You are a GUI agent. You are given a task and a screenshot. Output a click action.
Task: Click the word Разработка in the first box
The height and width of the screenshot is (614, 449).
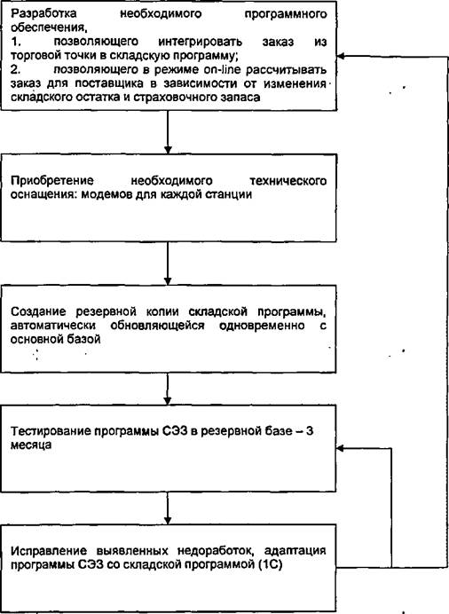[x=43, y=14]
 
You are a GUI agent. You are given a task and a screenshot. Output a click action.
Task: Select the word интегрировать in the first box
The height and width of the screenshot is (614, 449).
[x=201, y=42]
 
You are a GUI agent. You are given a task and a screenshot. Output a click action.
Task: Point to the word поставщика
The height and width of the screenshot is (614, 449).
[x=109, y=83]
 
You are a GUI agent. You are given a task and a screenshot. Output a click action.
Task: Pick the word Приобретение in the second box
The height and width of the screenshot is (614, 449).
[x=52, y=181]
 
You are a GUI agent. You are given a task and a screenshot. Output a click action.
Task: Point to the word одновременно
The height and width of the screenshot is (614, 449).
[x=262, y=326]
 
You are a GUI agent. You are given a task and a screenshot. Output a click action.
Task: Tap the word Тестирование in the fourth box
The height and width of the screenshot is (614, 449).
[x=51, y=431]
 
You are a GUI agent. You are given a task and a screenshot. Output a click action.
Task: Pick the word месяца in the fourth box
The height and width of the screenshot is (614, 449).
[x=31, y=445]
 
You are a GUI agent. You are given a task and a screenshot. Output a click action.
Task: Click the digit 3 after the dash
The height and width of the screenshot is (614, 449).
[x=310, y=431]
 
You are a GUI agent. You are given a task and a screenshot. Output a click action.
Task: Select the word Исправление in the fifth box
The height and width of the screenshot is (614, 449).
[x=50, y=551]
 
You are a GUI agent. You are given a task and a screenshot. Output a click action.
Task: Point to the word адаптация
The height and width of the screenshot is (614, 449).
[x=295, y=551]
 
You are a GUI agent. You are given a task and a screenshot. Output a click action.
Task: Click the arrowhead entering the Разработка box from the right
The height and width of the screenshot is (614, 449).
[x=341, y=57]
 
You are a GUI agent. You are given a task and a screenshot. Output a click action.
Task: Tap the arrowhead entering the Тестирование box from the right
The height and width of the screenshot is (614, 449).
[x=340, y=448]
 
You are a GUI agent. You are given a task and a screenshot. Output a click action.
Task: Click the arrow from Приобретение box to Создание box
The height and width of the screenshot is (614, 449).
[x=168, y=264]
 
